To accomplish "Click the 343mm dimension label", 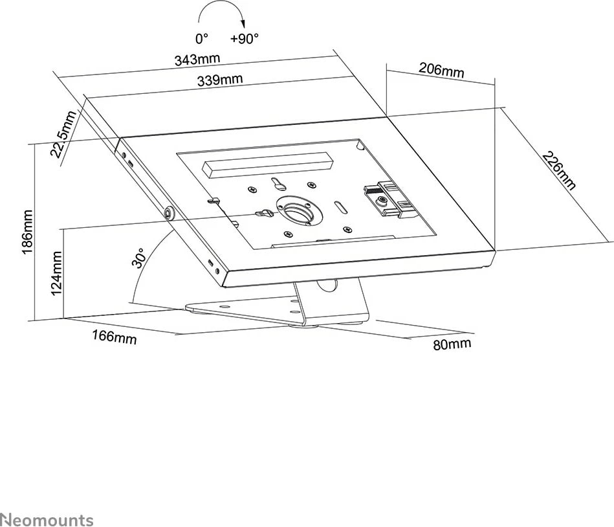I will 197,59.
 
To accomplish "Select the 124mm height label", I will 56,274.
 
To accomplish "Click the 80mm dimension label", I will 452,344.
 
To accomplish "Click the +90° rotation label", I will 244,39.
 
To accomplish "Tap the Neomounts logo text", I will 47,519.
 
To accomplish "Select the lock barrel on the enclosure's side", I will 170,212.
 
